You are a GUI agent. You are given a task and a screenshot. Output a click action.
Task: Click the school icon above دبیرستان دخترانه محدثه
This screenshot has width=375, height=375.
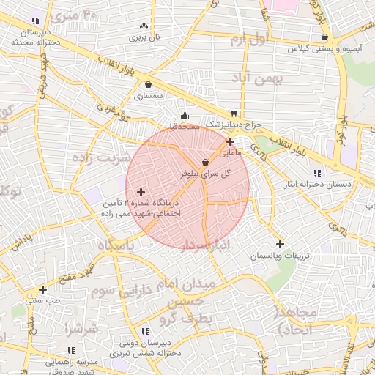(34, 21)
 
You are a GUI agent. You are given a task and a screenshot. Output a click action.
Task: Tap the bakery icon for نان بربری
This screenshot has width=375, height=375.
(143, 26)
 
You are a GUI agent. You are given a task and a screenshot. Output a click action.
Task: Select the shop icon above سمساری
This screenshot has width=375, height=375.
(149, 84)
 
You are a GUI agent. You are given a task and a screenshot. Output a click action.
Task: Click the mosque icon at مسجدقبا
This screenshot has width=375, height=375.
(185, 115)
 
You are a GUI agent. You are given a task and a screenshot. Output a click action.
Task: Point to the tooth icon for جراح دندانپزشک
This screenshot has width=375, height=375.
(234, 114)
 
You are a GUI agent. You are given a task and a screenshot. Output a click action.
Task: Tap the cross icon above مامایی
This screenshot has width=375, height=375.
(231, 142)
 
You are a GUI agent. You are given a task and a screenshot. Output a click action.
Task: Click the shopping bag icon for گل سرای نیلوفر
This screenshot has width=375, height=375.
(205, 162)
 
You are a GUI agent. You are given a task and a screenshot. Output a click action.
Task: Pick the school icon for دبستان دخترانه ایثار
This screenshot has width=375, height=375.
(316, 173)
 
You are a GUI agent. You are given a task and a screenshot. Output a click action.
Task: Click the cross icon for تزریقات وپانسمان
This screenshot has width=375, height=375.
(279, 244)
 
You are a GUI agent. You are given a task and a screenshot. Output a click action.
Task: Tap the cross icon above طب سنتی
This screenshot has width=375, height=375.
(42, 289)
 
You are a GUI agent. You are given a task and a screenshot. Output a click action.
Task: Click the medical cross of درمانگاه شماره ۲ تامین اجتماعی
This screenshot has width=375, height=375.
(141, 192)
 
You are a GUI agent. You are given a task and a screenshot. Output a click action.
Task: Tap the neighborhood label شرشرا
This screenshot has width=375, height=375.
(81, 328)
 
